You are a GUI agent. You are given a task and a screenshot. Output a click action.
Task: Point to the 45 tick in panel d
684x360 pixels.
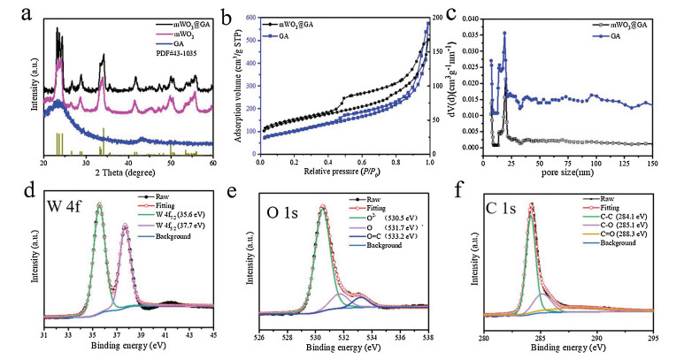coord(213,334)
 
